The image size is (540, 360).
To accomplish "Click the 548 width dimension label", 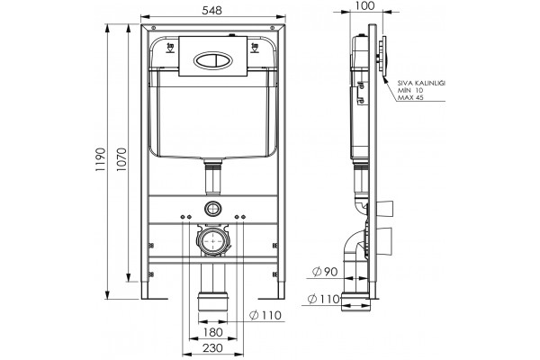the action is coord(212,11).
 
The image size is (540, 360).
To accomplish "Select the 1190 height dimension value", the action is coord(100,159).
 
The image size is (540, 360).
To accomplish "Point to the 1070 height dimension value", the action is coord(121,159).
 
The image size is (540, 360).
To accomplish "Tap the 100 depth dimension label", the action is coord(364,6).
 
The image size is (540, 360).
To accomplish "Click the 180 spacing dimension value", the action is coord(212,332).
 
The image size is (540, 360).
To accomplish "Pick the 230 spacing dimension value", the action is coord(212,348).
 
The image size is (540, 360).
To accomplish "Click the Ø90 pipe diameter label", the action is coord(325,272).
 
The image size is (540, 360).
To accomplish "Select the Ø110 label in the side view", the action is coord(324,299).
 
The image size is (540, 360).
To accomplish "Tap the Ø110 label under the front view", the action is coord(265,315).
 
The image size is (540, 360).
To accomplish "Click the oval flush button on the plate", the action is coord(212,60).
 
